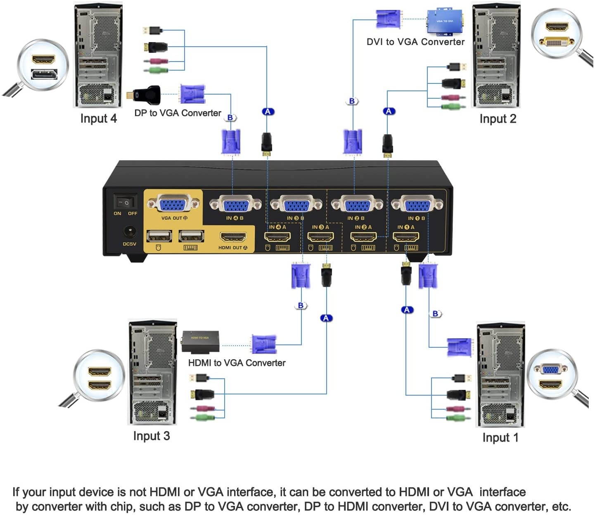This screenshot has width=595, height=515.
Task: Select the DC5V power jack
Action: tap(130, 232)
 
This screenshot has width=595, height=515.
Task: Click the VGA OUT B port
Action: tap(173, 204)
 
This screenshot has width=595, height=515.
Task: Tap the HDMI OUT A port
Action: tap(233, 237)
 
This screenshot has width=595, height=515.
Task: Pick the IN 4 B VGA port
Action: tap(235, 204)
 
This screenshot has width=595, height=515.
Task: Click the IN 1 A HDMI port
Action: tap(405, 237)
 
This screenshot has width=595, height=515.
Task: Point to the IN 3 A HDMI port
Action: tap(320, 237)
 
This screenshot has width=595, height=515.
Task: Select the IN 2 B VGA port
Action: tap(357, 204)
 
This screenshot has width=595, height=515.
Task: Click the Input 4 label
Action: tap(98, 119)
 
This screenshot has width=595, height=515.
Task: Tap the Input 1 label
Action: tap(500, 437)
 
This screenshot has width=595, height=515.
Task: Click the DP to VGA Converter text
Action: tap(178, 113)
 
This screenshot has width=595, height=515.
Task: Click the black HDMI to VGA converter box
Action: tap(200, 342)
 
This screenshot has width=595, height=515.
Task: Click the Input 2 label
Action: tap(498, 119)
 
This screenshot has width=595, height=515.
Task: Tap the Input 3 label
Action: tap(151, 436)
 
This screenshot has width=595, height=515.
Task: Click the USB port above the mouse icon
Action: tap(159, 236)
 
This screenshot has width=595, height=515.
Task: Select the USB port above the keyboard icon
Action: tap(191, 236)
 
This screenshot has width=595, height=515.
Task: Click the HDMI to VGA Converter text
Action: tap(237, 363)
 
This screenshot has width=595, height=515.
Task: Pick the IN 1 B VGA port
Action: tap(417, 204)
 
